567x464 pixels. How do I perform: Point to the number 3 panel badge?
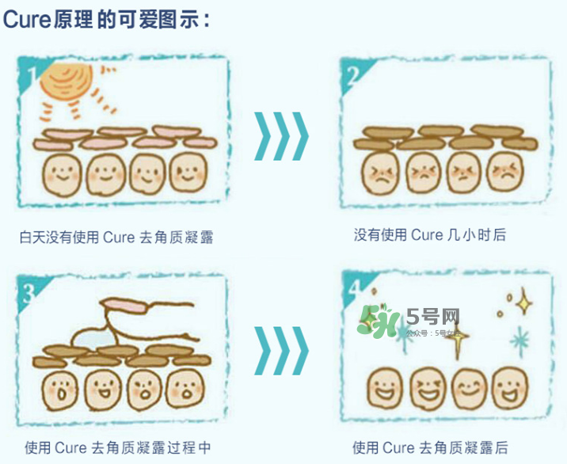[x=29, y=294]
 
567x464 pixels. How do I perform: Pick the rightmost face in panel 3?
[x=185, y=389]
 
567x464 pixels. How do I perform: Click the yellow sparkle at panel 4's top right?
[x=522, y=301]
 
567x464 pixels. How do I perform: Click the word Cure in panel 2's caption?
[x=427, y=235]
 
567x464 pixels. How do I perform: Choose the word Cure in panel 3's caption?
[x=70, y=447]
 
